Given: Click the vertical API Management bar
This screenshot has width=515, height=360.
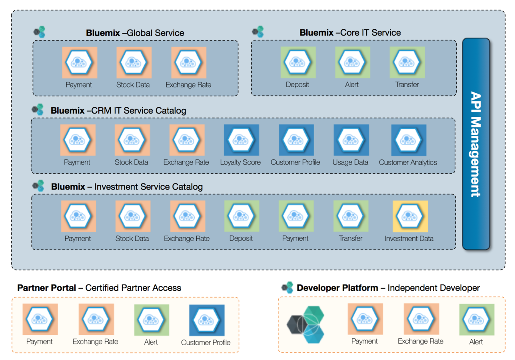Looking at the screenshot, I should point(476,144).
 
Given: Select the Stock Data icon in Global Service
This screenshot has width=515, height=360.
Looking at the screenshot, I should point(133,62).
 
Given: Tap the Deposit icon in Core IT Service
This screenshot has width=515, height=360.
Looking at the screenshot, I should point(298,62).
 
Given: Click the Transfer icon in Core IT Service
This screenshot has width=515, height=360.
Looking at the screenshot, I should point(407,62).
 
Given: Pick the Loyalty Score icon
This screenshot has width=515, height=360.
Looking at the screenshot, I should point(241,140).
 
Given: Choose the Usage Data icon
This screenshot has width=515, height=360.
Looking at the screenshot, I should point(351,140).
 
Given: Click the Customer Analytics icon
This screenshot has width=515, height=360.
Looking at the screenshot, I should point(408,140).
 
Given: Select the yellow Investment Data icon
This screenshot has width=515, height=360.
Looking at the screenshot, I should point(410,216).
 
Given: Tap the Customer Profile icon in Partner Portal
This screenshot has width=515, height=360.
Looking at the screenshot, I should point(206,320).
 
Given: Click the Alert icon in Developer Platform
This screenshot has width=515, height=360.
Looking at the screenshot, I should point(476,320).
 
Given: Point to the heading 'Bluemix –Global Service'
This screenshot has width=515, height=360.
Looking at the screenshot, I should point(135,33).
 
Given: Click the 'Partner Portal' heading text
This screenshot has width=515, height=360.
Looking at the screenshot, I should point(47,288).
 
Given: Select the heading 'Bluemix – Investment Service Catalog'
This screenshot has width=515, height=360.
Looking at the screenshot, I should point(127,187).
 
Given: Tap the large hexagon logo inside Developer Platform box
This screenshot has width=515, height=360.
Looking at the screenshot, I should point(306,324).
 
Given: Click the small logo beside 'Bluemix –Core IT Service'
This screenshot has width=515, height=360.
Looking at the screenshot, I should point(258,32).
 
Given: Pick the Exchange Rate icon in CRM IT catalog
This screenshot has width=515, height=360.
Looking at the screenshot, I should point(187,140).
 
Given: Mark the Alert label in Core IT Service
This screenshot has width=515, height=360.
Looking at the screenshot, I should point(352,84).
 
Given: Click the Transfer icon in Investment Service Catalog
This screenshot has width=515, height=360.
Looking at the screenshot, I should point(351,216).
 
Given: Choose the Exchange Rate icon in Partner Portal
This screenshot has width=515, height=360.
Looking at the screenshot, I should point(96,320).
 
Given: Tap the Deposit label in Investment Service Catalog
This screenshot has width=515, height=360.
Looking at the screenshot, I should point(241,238).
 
